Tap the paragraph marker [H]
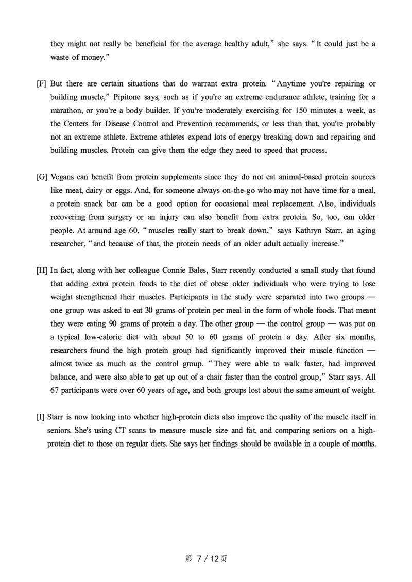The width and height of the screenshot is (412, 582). (x=42, y=270)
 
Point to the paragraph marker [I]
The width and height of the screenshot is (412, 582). (x=41, y=417)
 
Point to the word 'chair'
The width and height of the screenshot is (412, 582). (x=228, y=378)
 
